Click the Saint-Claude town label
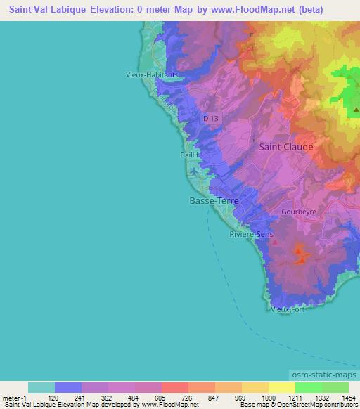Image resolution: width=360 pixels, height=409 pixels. click(x=286, y=147)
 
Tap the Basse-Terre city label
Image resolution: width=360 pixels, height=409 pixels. click(x=214, y=200)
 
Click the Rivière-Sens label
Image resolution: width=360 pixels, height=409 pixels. click(x=251, y=235)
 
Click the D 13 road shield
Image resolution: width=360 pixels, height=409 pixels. click(x=211, y=119)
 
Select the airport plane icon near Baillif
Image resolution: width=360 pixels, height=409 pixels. click(x=195, y=171)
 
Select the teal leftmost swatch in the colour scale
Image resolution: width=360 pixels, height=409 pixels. click(x=41, y=387)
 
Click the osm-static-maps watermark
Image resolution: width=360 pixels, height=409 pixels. click(x=325, y=377)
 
